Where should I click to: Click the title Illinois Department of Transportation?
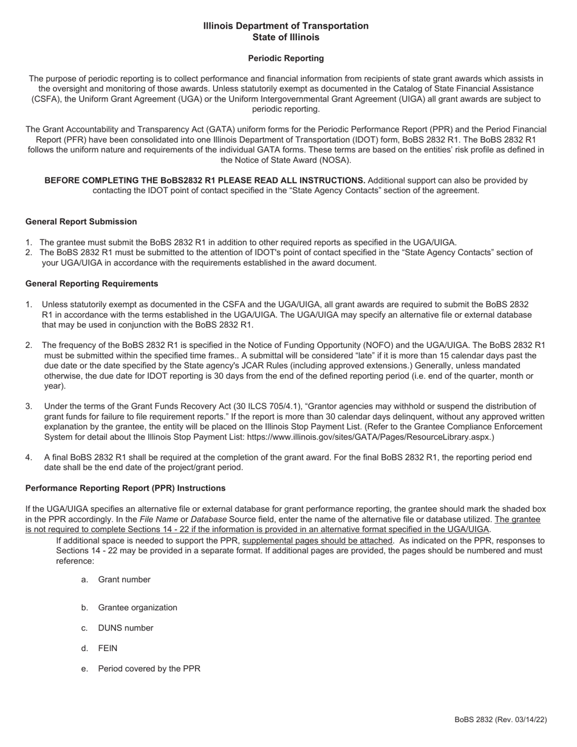click(285, 26)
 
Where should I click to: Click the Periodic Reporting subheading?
click(285, 58)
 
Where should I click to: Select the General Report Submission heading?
click(81, 222)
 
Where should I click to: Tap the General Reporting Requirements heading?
click(92, 284)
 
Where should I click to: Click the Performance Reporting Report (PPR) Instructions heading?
click(125, 488)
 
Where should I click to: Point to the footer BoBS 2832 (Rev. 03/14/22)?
click(500, 720)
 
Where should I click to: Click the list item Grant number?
click(124, 579)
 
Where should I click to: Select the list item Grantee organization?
click(137, 607)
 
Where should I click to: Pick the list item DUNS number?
click(126, 628)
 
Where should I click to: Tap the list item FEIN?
click(108, 648)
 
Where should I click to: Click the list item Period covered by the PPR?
click(149, 669)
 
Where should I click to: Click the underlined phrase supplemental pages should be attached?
click(317, 541)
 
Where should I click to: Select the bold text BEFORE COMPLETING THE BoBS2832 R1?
click(205, 180)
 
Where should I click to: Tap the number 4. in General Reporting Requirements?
click(29, 457)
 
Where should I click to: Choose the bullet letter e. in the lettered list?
click(84, 669)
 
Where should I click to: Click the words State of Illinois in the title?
click(285, 37)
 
